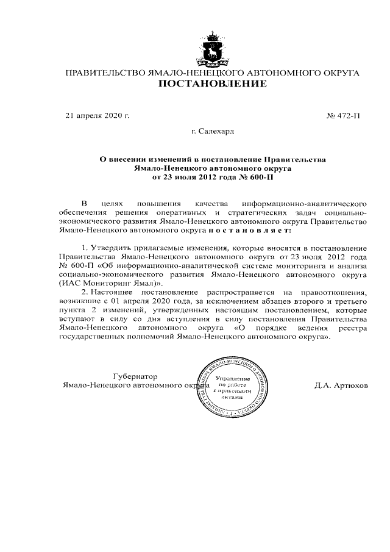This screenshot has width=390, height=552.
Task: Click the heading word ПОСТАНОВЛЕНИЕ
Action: [x=212, y=85]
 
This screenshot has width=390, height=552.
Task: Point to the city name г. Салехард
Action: [x=212, y=131]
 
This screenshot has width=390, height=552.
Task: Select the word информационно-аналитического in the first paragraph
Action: [x=304, y=203]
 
